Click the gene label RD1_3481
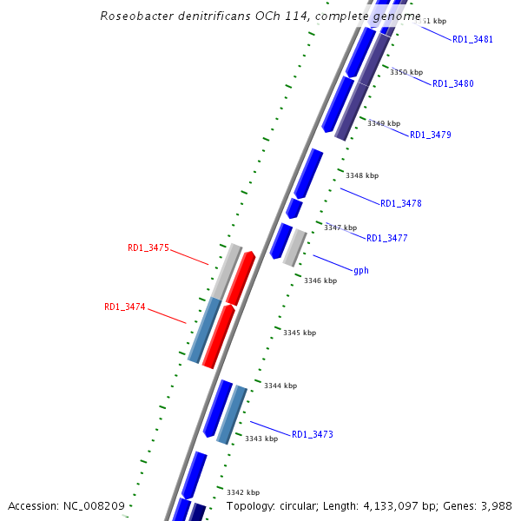point(472,39)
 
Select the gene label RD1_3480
point(452,83)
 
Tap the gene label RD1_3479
point(430,135)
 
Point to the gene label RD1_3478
point(400,203)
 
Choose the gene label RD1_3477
point(386,238)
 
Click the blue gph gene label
point(361,270)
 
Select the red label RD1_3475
point(148,247)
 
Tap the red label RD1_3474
point(125,307)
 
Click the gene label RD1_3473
point(312,434)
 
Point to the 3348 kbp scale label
point(362,175)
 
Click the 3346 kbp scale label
point(320,280)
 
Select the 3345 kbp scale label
point(300,333)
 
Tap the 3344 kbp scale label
point(280,386)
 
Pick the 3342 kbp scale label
point(243,492)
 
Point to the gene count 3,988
point(495,505)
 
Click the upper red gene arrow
point(241,277)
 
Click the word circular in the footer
point(299,505)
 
